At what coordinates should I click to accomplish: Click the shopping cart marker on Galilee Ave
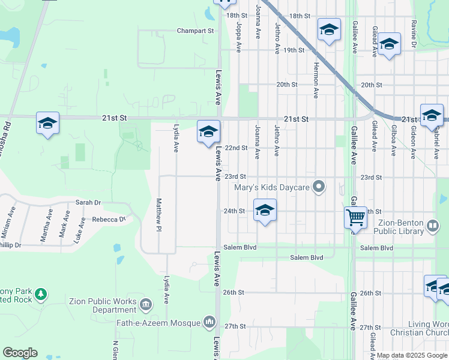point(355,217)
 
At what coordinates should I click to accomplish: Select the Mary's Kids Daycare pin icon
point(319,188)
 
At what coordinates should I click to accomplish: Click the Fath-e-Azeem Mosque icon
point(209,323)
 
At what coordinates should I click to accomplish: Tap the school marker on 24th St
point(265,211)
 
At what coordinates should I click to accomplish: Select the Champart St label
point(196,30)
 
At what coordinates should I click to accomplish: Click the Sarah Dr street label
point(88,203)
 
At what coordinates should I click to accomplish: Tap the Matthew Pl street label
point(159,215)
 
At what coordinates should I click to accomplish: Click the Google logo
point(20,353)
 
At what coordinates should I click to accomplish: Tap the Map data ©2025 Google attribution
point(411,355)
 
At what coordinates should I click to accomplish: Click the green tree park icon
point(40,294)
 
